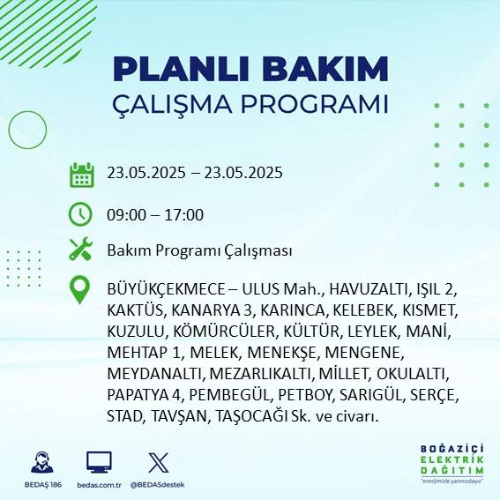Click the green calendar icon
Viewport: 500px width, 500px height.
pyautogui.click(x=81, y=174)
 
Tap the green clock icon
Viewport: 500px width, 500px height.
pyautogui.click(x=81, y=214)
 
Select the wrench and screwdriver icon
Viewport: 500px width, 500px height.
pyautogui.click(x=81, y=250)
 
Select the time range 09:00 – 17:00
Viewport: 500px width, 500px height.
pyautogui.click(x=155, y=215)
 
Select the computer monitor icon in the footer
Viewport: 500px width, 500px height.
pyautogui.click(x=99, y=462)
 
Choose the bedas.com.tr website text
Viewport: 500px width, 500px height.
pyautogui.click(x=100, y=485)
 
